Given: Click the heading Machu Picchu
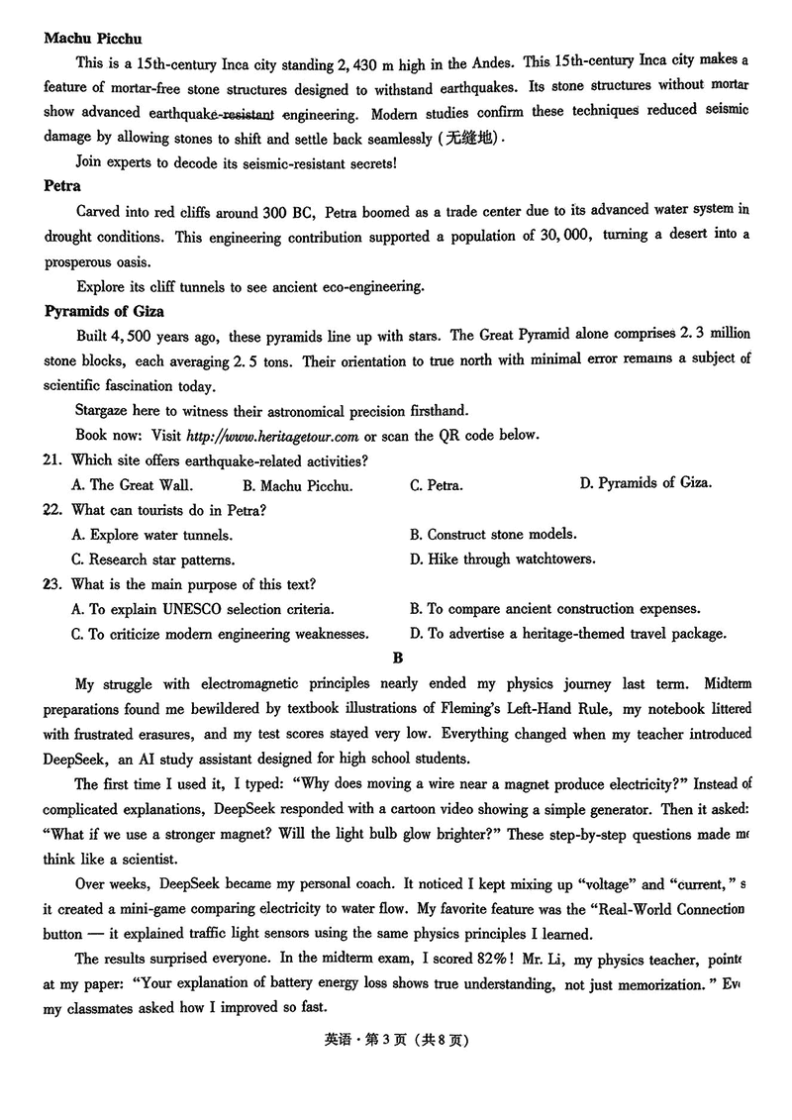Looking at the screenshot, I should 93,39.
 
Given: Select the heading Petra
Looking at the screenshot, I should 62,185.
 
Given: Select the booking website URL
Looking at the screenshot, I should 272,436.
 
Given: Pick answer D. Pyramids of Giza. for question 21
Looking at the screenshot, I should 645,483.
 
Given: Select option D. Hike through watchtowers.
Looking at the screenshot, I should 502,560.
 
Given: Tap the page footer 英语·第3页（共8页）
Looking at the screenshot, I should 396,1041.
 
